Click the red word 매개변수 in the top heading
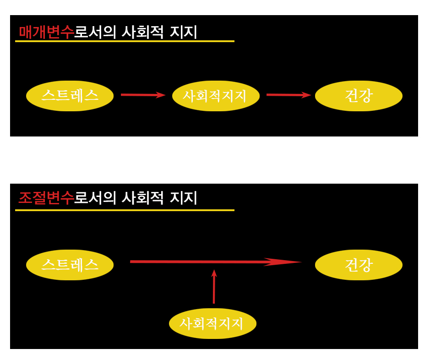(46, 32)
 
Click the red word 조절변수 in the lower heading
(46, 198)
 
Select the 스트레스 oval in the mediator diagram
(70, 96)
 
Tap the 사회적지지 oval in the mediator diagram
(216, 96)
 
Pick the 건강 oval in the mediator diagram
(359, 96)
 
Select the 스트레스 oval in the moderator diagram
(70, 265)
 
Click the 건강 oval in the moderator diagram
(359, 265)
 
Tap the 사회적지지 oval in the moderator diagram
(212, 323)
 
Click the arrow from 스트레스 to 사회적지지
(142, 95)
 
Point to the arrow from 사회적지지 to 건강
(288, 95)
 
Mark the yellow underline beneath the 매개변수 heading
(125, 41)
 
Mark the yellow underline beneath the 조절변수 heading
(125, 210)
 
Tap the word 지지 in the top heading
(183, 32)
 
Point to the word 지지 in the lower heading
(183, 198)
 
